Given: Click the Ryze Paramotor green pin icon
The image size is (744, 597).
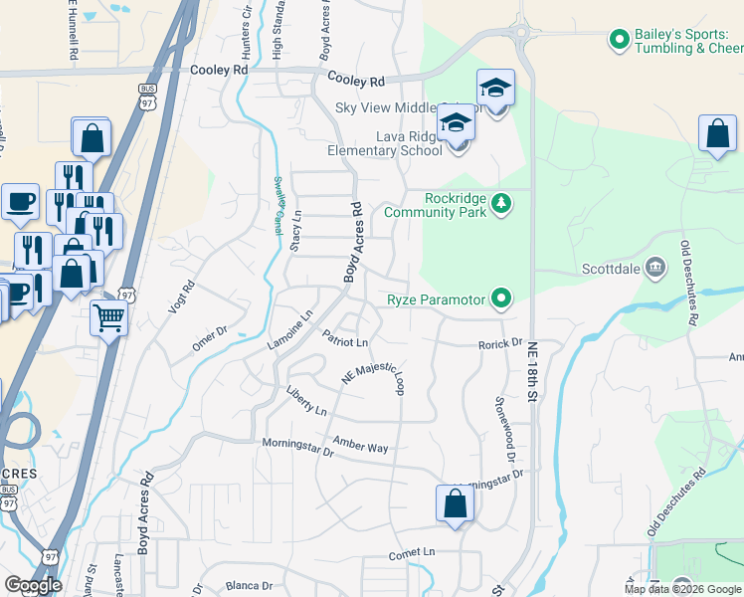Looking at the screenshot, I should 502,298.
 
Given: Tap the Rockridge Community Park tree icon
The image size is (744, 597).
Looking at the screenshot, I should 502,205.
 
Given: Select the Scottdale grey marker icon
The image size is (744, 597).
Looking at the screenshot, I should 655,267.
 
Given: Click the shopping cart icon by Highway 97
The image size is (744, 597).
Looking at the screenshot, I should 109,318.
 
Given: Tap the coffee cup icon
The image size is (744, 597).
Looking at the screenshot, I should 20,202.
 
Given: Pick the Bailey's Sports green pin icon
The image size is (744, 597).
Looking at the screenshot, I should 618,40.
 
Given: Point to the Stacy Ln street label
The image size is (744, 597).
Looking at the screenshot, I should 295,231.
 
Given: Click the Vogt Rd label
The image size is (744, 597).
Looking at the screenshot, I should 178,297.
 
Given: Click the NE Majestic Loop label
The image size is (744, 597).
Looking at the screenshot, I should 374,374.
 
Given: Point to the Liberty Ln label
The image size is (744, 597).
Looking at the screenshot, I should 305,401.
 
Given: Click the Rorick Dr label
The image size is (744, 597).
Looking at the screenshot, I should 499,343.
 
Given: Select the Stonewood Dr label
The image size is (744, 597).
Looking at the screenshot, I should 504,425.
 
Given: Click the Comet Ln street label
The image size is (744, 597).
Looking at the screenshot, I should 412,552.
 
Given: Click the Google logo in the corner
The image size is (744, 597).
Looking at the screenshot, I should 33,585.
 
